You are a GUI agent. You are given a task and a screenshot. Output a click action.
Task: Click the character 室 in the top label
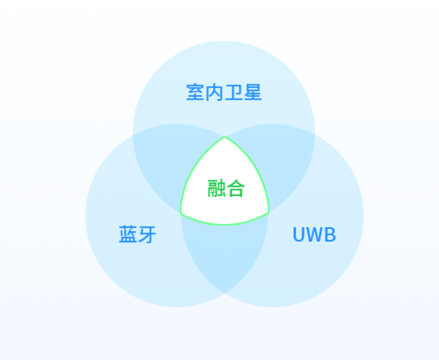pos(195,92)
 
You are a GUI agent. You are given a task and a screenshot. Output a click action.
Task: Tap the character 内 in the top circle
pos(214,92)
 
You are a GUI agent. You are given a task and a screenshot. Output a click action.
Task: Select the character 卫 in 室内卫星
pos(233,92)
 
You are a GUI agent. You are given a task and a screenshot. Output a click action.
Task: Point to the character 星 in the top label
pos(253,92)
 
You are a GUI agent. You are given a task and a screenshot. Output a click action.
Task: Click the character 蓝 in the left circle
pos(128,234)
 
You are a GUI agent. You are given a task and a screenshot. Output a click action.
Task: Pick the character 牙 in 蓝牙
pos(147,234)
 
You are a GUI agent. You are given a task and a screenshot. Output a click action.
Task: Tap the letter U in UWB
pos(299,234)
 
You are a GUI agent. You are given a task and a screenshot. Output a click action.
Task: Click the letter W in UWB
pos(314,234)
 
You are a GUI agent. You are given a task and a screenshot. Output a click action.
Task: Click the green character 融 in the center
pos(217,188)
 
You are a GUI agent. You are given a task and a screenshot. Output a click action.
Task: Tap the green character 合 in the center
pos(236,188)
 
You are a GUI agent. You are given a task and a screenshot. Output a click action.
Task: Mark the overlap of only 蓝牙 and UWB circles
pos(225,252)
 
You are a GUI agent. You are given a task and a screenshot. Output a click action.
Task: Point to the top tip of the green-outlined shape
pos(225,137)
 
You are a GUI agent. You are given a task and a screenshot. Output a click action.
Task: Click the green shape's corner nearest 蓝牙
pos(182,214)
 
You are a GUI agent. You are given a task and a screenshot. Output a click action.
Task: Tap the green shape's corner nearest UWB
pos(269,213)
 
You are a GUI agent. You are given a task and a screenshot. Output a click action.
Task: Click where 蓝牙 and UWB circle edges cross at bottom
pos(225,293)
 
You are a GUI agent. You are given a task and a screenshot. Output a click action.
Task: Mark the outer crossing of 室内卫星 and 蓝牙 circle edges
pos(133,135)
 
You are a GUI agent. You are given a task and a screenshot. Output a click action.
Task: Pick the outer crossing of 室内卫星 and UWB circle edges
pos(315,135)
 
